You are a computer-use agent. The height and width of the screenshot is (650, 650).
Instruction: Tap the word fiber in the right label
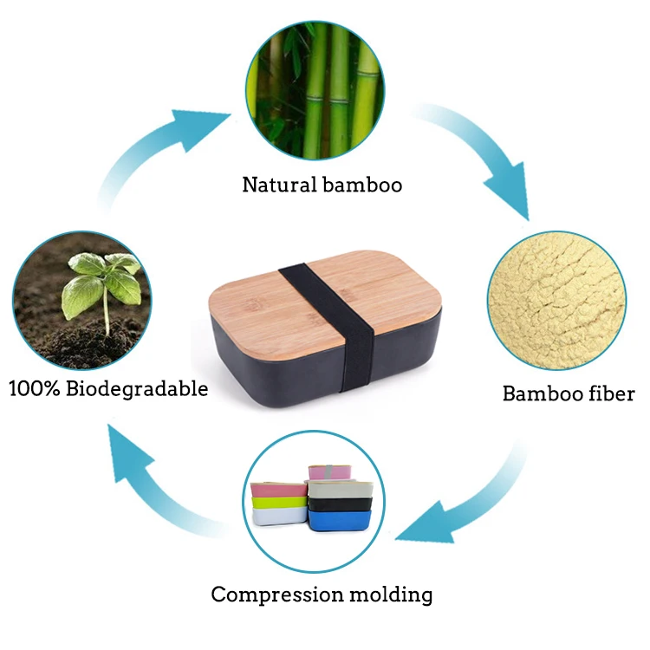pyautogui.click(x=609, y=393)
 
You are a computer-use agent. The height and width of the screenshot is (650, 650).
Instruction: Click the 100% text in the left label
pyautogui.click(x=32, y=387)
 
